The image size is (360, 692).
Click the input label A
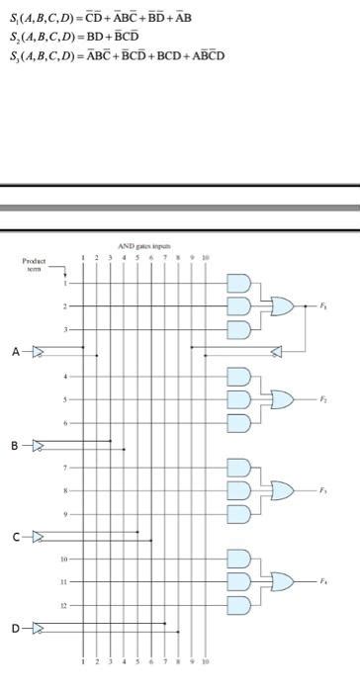point(16,351)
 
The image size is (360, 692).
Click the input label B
point(16,443)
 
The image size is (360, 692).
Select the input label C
point(16,536)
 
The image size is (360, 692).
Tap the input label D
point(16,627)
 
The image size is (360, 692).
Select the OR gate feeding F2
point(282,399)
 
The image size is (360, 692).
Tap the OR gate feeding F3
point(282,490)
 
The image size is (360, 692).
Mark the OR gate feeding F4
point(282,581)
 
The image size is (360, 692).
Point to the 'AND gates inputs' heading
point(144,245)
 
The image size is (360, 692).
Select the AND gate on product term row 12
point(239,604)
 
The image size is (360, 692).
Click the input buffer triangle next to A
point(38,351)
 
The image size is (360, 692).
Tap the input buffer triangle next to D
point(38,627)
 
